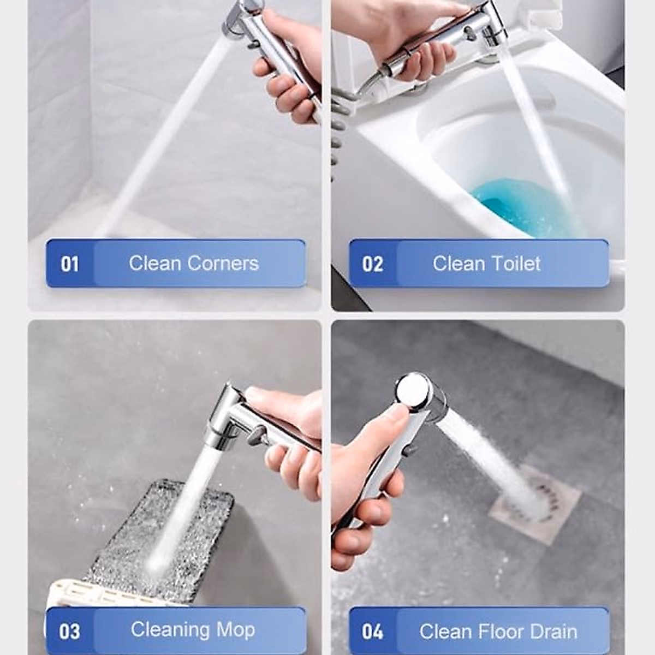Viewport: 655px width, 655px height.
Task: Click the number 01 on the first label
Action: point(70,264)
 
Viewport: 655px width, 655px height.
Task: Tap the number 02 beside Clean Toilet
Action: point(373,264)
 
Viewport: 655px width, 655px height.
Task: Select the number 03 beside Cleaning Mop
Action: point(70,632)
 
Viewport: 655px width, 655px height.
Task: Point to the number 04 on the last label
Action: point(373,632)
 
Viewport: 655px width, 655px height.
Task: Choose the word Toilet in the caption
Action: point(514,264)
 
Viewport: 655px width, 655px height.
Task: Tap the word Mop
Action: point(235,630)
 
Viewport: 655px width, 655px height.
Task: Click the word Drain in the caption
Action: point(552,632)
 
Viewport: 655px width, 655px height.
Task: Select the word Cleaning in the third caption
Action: point(170,630)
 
